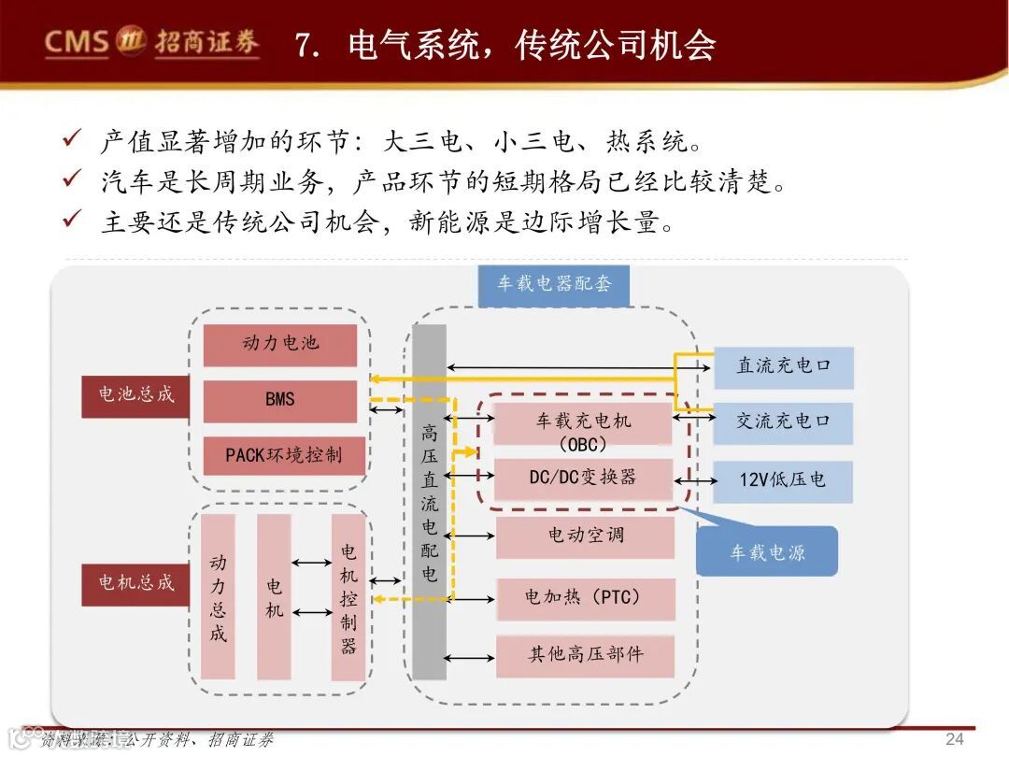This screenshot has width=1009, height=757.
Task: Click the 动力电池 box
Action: [x=280, y=345]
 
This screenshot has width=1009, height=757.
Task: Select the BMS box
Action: [x=280, y=400]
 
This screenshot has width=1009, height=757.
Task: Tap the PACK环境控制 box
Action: [x=284, y=455]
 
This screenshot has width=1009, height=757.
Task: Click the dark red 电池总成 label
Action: [x=136, y=394]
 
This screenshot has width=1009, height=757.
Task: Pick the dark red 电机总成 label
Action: [x=136, y=583]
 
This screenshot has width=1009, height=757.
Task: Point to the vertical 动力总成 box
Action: [x=218, y=597]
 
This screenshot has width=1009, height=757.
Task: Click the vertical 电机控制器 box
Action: [x=348, y=597]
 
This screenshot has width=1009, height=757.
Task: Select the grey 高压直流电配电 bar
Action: [x=430, y=502]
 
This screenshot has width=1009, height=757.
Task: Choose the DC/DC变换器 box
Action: [x=583, y=478]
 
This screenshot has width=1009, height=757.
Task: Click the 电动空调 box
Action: [x=585, y=536]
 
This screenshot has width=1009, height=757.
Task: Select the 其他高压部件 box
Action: [x=585, y=655]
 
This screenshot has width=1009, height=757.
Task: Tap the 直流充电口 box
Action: [x=783, y=367]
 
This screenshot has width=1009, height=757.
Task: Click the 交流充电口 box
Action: [x=783, y=422]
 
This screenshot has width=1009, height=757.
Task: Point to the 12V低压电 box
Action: [x=783, y=480]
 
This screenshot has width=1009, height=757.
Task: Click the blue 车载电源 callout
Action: [x=767, y=551]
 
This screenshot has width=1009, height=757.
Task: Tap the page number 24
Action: [x=954, y=739]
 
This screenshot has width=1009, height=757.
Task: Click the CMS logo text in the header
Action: [x=78, y=42]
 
